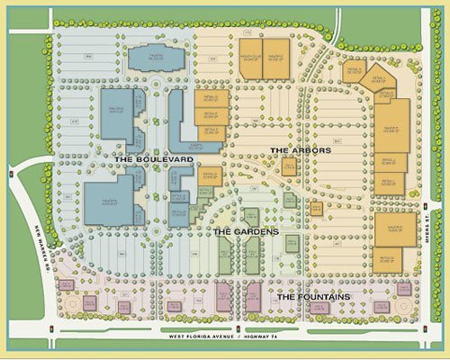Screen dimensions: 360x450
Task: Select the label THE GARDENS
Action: pyautogui.click(x=244, y=231)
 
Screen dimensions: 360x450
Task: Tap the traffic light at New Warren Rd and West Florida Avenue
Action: pyautogui.click(x=55, y=328)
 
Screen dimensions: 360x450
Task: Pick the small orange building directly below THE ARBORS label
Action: pyautogui.click(x=289, y=167)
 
